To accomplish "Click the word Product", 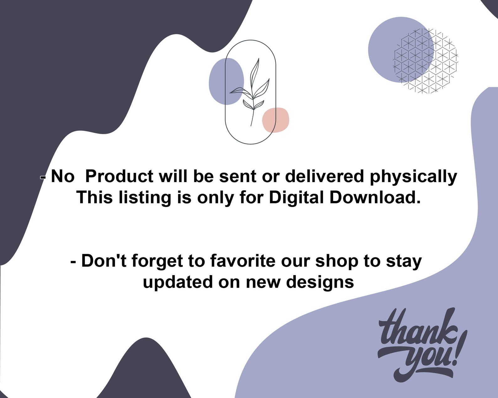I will pos(119,176).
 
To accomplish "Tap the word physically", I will pos(413,177).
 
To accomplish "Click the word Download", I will pos(375,198).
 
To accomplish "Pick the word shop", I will pos(336,261).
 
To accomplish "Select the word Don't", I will pos(103,261).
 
